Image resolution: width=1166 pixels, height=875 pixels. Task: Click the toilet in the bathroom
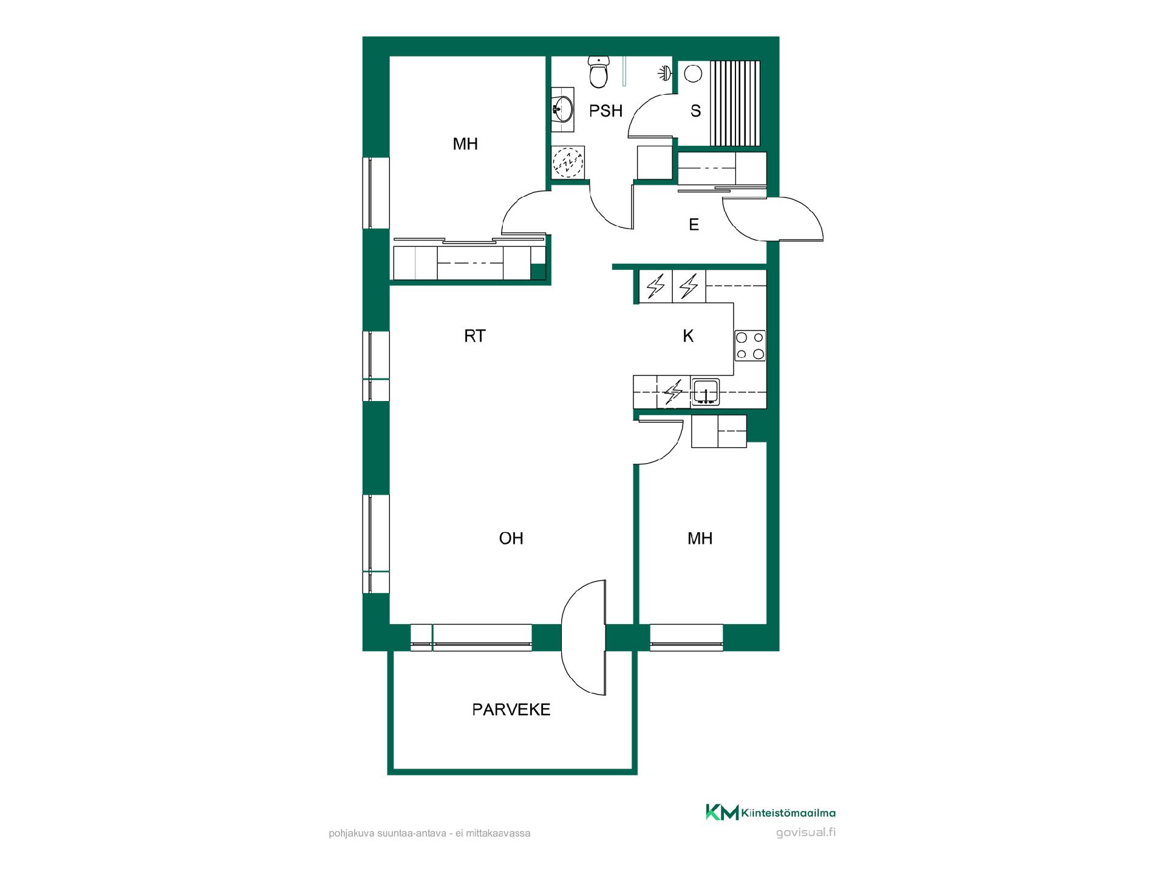pos(599,72)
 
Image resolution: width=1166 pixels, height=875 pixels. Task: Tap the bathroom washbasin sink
pos(563,110)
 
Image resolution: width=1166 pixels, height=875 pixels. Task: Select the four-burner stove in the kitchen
pos(750,345)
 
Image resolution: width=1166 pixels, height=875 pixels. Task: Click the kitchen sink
pos(706,392)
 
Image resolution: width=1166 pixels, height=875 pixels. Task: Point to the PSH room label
pos(606,111)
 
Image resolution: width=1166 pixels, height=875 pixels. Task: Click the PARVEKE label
pos(511,710)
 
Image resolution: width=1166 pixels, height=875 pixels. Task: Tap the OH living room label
pos(511,538)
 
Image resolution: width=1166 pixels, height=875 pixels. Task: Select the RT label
pos(475,336)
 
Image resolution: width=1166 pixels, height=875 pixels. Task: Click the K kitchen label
pos(688,336)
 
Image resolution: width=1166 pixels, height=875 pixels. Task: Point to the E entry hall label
pos(694,225)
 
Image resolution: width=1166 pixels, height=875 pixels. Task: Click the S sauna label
pos(696,111)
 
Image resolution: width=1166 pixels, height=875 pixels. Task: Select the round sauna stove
pos(692,74)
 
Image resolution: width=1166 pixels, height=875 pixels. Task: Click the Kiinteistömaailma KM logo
pos(722,812)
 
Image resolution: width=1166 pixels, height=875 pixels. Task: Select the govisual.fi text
pos(806,832)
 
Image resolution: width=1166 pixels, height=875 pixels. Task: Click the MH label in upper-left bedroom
pos(465,144)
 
